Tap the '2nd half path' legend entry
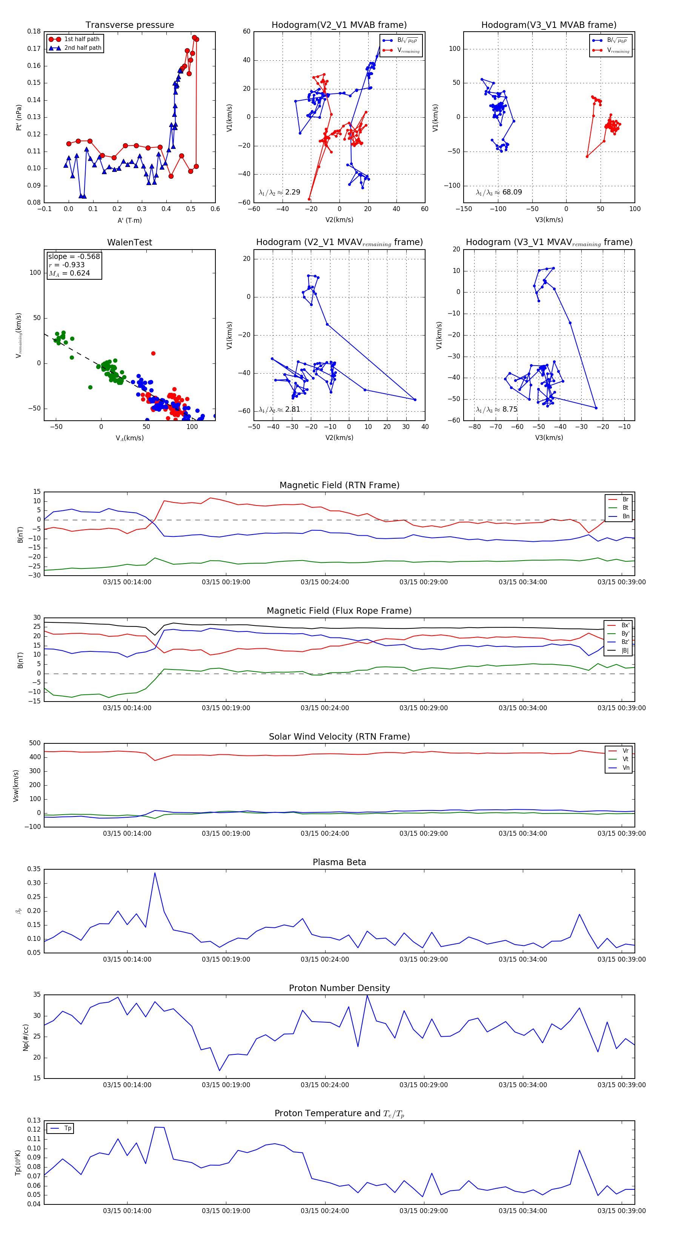pyautogui.click(x=83, y=48)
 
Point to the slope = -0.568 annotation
pyautogui.click(x=74, y=256)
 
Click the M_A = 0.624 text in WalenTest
pyautogui.click(x=69, y=273)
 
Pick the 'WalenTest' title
pyautogui.click(x=129, y=242)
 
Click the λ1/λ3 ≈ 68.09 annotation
pyautogui.click(x=499, y=192)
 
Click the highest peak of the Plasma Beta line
pyautogui.click(x=155, y=873)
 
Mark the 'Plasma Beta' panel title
pyautogui.click(x=339, y=863)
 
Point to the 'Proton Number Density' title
pyautogui.click(x=339, y=988)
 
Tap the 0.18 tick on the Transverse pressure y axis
pyautogui.click(x=34, y=31)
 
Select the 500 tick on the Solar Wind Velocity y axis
pyautogui.click(x=35, y=743)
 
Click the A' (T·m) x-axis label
pyautogui.click(x=129, y=220)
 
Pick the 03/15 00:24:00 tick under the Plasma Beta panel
pyautogui.click(x=325, y=959)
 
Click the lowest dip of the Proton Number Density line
pyautogui.click(x=220, y=1071)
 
